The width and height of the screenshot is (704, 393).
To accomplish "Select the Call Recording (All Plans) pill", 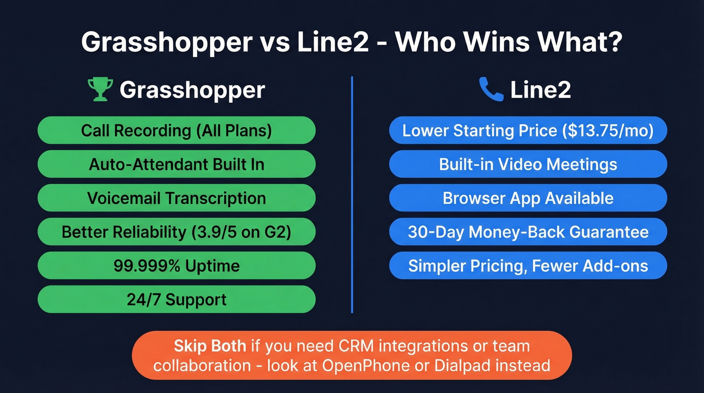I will (x=177, y=130).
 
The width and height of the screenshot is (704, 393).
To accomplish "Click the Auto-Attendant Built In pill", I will (x=177, y=164).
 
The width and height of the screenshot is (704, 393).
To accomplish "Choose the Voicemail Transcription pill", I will (x=177, y=198).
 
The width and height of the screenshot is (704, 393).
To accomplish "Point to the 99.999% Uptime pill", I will (x=177, y=266).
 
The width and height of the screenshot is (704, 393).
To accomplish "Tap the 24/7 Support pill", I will (x=177, y=299).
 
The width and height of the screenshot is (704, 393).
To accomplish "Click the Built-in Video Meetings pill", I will (x=528, y=164).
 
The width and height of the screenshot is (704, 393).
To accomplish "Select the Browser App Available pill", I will (x=528, y=198).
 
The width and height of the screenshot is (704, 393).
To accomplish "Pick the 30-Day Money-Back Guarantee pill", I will (x=528, y=232).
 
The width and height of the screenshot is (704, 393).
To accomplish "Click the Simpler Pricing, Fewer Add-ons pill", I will (x=528, y=266).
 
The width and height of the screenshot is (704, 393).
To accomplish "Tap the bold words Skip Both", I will (x=210, y=346).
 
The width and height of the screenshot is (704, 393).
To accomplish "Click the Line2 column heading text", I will (x=540, y=91).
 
